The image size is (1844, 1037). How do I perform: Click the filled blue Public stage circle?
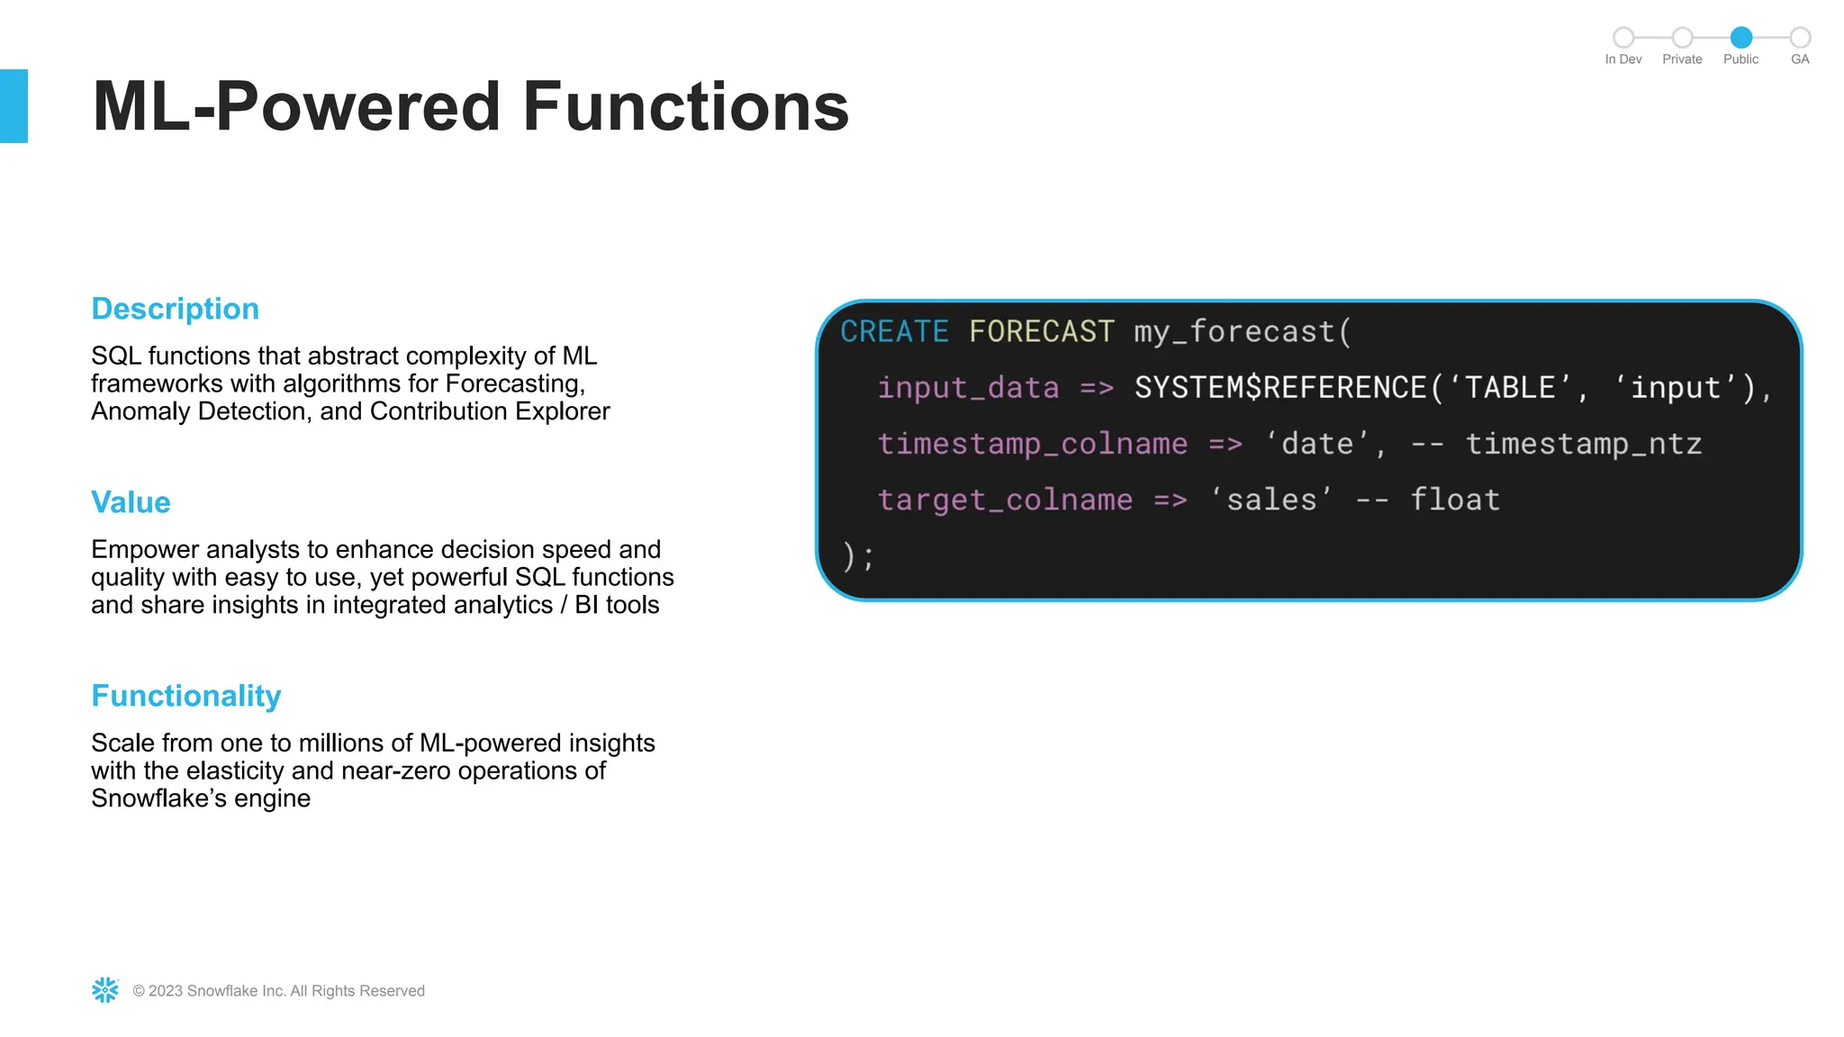pyautogui.click(x=1740, y=37)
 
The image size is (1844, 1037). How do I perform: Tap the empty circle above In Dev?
pyautogui.click(x=1623, y=37)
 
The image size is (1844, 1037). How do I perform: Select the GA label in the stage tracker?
pyautogui.click(x=1799, y=59)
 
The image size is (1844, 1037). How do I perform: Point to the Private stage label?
pyautogui.click(x=1681, y=59)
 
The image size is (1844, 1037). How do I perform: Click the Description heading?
pyautogui.click(x=175, y=309)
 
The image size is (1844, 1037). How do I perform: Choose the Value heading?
pyautogui.click(x=131, y=502)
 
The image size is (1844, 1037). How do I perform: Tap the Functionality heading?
pyautogui.click(x=186, y=696)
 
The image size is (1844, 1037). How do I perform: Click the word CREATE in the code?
pyautogui.click(x=894, y=332)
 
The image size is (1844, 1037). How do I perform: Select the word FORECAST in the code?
pyautogui.click(x=1042, y=332)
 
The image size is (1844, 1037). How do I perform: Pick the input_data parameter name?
pyautogui.click(x=968, y=388)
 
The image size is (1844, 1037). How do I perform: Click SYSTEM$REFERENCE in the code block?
pyautogui.click(x=1279, y=388)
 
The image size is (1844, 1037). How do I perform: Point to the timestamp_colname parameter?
pyautogui.click(x=1032, y=444)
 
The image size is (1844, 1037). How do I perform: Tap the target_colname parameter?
pyautogui.click(x=1005, y=500)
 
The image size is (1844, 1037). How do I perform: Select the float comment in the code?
pyautogui.click(x=1454, y=500)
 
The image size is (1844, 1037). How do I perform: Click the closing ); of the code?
pyautogui.click(x=857, y=556)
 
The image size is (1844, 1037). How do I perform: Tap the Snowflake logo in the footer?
pyautogui.click(x=105, y=990)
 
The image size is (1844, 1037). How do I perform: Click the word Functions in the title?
pyautogui.click(x=685, y=107)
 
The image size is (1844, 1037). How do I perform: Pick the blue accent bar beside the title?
pyautogui.click(x=14, y=106)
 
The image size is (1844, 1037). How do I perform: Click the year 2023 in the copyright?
pyautogui.click(x=166, y=991)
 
